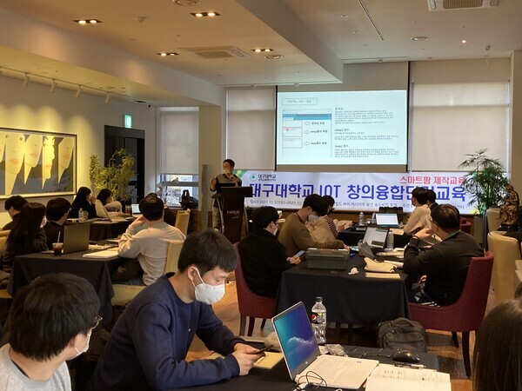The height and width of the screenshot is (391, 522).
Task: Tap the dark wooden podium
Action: pyautogui.click(x=234, y=213)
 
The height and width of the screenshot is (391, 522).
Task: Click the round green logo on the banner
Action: pyautogui.click(x=252, y=178)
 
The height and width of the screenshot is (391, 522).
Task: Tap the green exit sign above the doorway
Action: pyautogui.click(x=127, y=121)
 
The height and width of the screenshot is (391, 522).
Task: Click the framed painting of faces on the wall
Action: pyautogui.click(x=36, y=162)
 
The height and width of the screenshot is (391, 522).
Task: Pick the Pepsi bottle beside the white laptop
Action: pyautogui.click(x=318, y=320)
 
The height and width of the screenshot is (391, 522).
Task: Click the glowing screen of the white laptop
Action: pyautogui.click(x=295, y=339)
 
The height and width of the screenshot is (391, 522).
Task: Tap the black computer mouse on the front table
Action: pyautogui.click(x=405, y=356)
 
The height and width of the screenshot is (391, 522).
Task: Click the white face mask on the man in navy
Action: pyautogui.click(x=209, y=289)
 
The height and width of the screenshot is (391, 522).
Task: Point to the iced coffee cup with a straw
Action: pyautogui.click(x=57, y=246)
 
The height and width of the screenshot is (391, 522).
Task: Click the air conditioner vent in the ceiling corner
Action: pyautogui.click(x=461, y=4)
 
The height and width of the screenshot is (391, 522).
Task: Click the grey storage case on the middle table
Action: pyautogui.click(x=326, y=258)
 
